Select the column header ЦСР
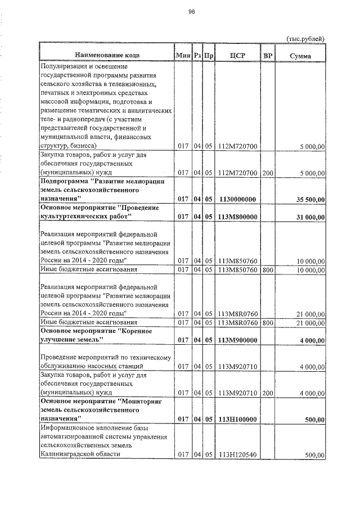click(x=237, y=56)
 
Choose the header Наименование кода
click(x=106, y=56)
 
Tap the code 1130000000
click(x=237, y=199)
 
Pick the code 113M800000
click(x=237, y=217)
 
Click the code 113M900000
click(x=237, y=340)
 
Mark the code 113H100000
click(x=237, y=419)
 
